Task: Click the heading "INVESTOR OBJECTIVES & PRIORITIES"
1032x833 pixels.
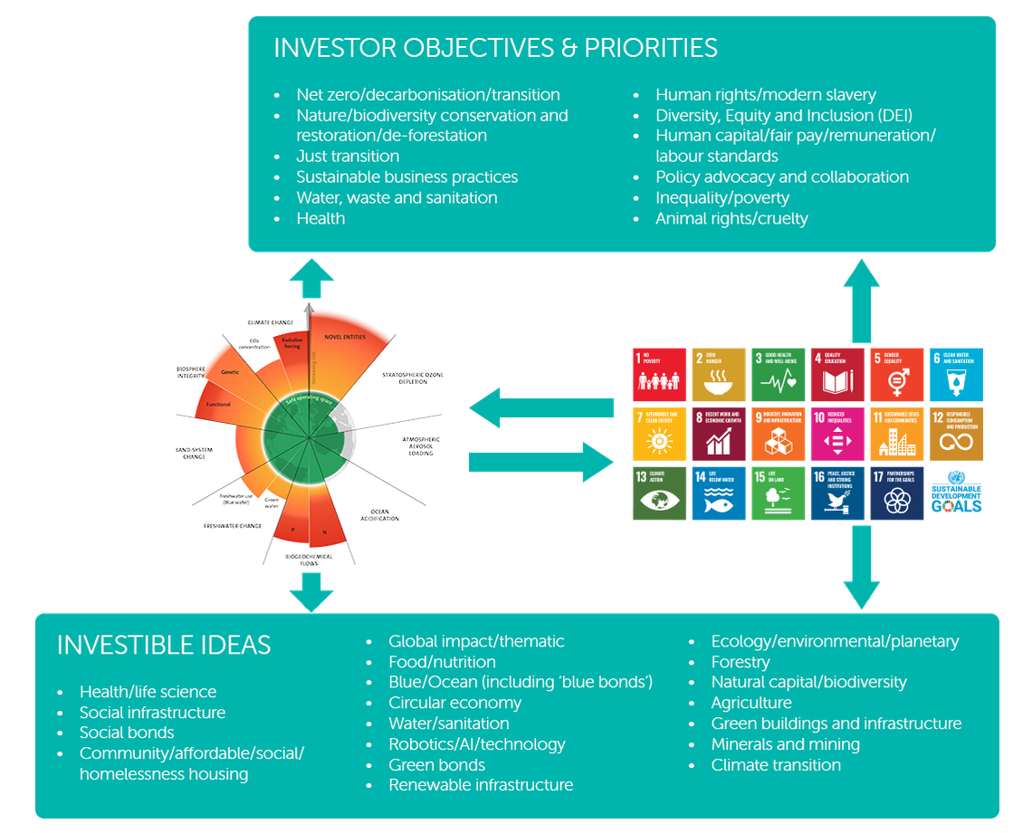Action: [495, 48]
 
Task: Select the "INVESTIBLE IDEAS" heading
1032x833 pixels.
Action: [164, 645]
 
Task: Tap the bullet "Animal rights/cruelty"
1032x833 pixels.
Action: [731, 218]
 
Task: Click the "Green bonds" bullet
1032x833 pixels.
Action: [436, 765]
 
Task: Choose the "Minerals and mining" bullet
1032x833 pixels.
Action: [785, 744]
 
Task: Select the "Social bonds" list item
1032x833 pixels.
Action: [127, 732]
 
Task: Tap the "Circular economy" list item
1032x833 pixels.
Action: [454, 703]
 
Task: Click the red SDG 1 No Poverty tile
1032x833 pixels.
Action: [660, 374]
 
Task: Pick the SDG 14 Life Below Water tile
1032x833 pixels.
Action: [719, 493]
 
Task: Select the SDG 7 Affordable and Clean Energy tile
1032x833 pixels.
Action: [660, 434]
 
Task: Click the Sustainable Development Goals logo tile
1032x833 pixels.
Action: [956, 493]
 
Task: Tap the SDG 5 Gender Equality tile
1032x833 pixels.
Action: [896, 374]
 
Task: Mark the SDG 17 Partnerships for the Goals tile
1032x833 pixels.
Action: [896, 493]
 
